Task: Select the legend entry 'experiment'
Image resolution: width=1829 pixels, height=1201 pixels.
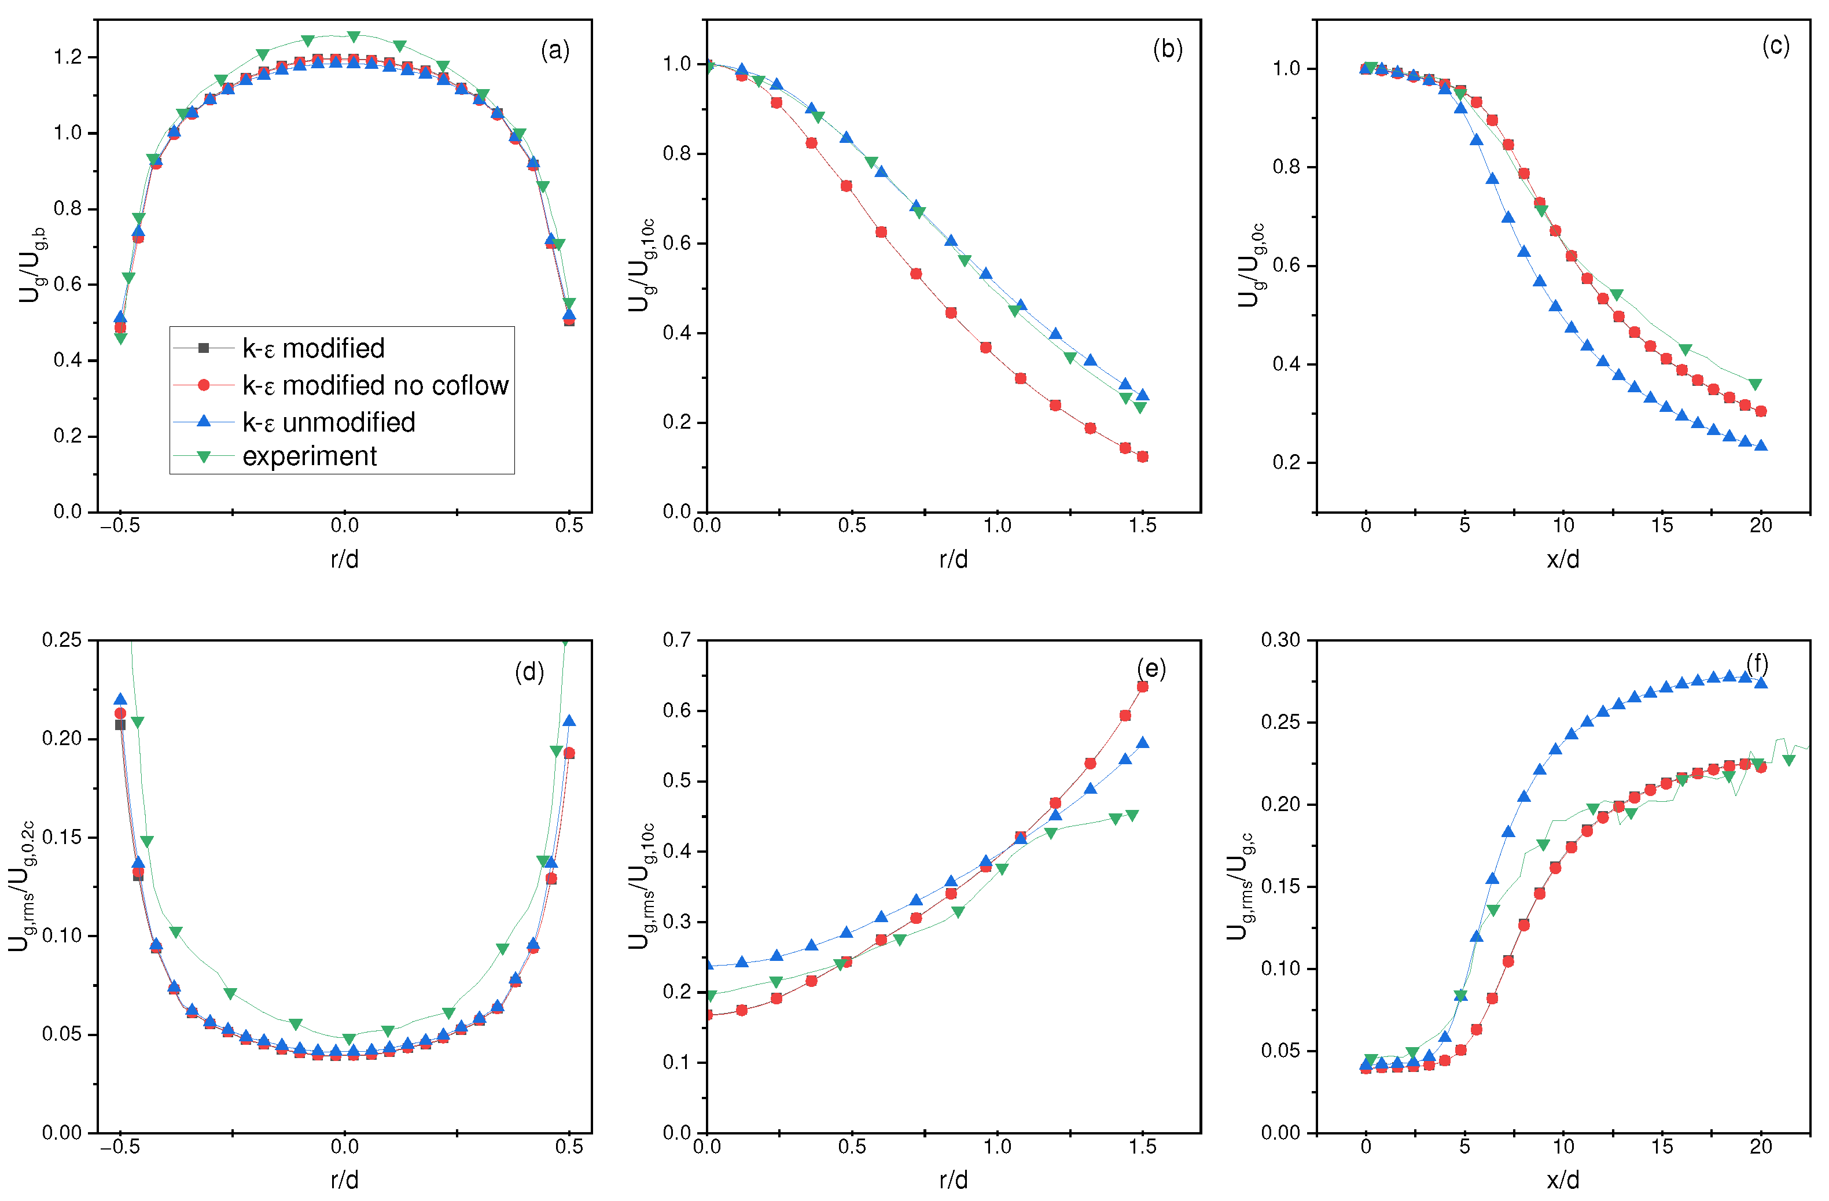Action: (x=309, y=456)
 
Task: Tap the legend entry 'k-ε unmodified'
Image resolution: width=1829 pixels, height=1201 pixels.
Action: (x=328, y=422)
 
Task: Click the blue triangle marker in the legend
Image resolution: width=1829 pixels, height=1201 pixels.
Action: (x=204, y=421)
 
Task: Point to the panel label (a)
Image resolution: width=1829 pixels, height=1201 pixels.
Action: (x=555, y=51)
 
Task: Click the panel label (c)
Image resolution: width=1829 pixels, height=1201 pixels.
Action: (x=1775, y=46)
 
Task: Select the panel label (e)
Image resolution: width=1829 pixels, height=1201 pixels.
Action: (x=1150, y=669)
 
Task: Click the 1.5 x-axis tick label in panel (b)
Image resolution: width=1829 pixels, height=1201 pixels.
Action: (x=1142, y=525)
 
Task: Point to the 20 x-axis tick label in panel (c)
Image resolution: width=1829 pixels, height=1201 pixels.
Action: (x=1761, y=525)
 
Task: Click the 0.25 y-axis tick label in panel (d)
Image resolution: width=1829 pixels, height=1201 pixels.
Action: (x=61, y=640)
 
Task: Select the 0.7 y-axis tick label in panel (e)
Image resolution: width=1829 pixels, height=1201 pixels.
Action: (x=677, y=640)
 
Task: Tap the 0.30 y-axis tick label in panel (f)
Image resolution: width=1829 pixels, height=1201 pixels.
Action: (x=1280, y=640)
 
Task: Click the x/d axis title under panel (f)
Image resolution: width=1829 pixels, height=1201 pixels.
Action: (x=1562, y=1180)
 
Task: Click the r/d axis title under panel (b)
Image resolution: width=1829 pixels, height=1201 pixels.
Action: (x=953, y=559)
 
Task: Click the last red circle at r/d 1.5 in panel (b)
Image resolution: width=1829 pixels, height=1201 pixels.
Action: (x=1143, y=457)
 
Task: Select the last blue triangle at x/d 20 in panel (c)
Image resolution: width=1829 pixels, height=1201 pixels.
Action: (x=1761, y=445)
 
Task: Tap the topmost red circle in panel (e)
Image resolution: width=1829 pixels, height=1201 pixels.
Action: (x=1143, y=687)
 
